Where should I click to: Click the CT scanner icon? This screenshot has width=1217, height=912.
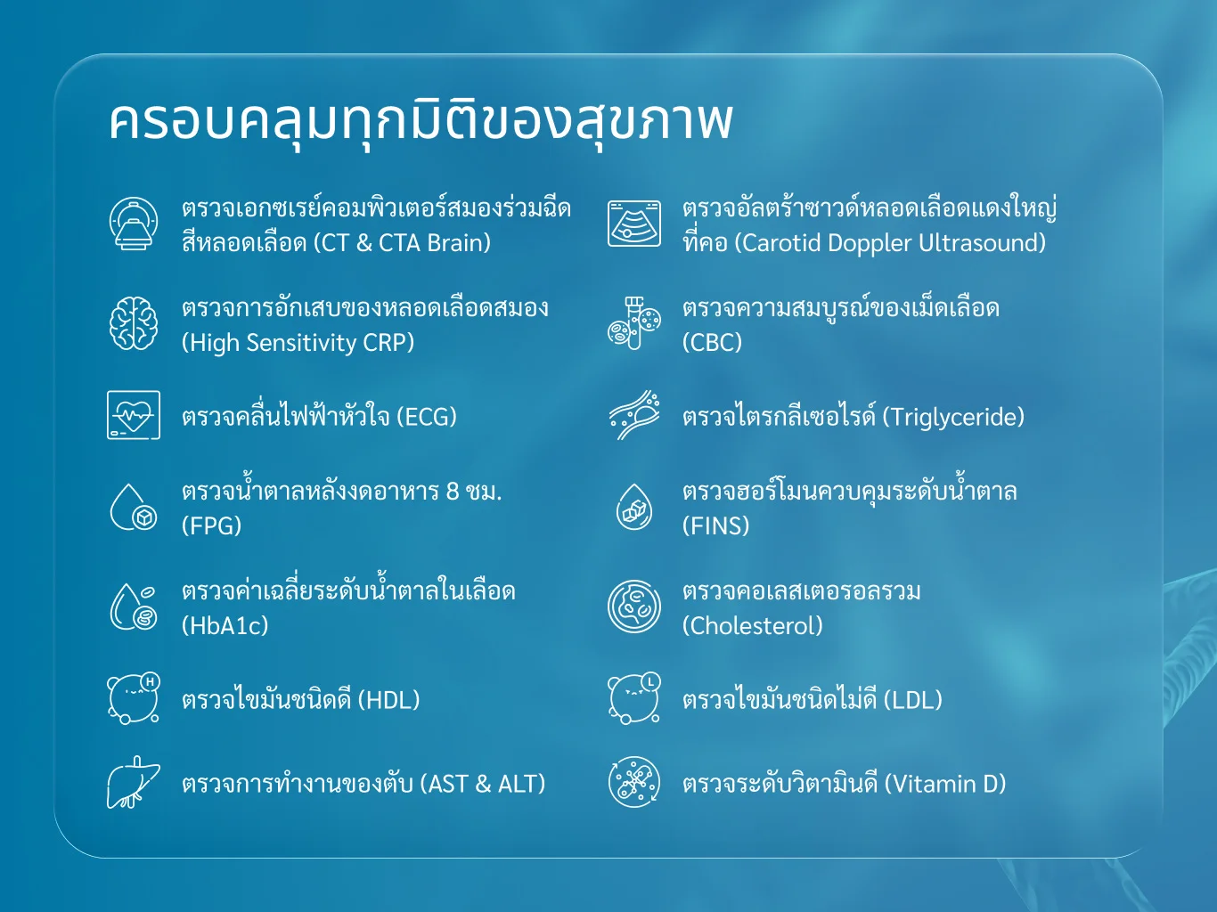click(x=133, y=224)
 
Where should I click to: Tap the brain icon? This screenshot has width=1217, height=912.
click(x=133, y=323)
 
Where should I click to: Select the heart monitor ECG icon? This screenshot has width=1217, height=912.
click(x=134, y=415)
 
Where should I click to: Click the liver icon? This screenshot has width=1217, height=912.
click(x=133, y=782)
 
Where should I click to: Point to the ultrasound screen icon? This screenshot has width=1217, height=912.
click(x=634, y=224)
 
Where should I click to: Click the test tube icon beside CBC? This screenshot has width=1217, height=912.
click(x=634, y=323)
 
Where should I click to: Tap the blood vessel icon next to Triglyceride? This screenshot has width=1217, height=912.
click(x=634, y=415)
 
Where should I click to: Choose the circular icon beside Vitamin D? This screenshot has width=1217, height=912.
click(x=634, y=782)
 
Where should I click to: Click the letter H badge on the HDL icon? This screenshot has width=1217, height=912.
click(x=151, y=681)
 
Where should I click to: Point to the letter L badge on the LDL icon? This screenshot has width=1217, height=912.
click(x=651, y=681)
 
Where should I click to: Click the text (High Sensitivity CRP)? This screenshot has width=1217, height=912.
click(x=298, y=342)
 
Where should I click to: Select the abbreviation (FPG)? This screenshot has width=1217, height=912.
click(x=212, y=525)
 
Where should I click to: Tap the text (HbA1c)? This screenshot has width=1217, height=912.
click(x=225, y=625)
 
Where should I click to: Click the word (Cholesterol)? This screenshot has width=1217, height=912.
click(x=752, y=625)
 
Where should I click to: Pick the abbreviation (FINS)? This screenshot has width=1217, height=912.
click(x=715, y=525)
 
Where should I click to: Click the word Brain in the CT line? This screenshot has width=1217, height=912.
click(x=459, y=242)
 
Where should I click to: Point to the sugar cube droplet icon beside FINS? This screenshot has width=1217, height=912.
click(x=634, y=507)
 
